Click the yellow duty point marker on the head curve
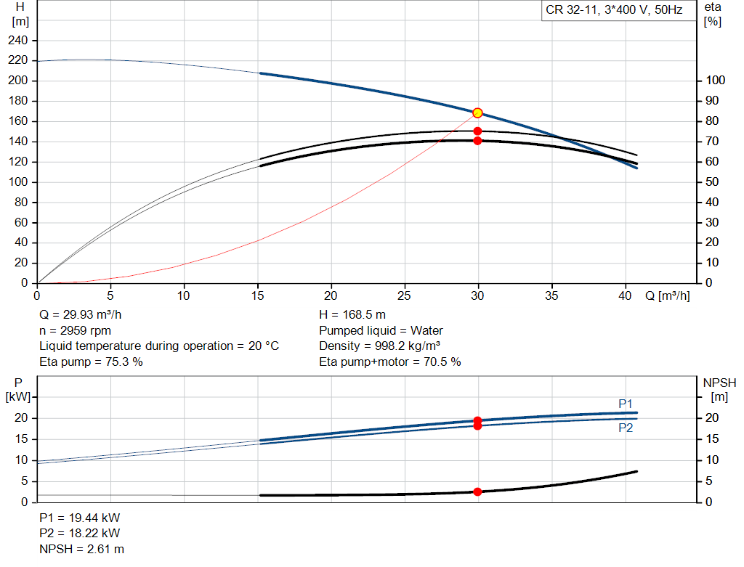pyautogui.click(x=478, y=113)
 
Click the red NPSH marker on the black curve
pyautogui.click(x=478, y=492)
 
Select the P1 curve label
pyautogui.click(x=626, y=404)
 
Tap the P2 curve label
pyautogui.click(x=626, y=428)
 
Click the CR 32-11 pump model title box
pyautogui.click(x=614, y=10)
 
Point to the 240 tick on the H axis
pyautogui.click(x=17, y=41)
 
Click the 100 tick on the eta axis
pyautogui.click(x=716, y=81)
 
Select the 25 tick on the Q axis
pyautogui.click(x=404, y=295)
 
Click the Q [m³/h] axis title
pyautogui.click(x=668, y=295)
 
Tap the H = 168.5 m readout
pyautogui.click(x=352, y=315)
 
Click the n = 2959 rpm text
pyautogui.click(x=75, y=331)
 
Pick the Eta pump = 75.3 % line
pyautogui.click(x=91, y=362)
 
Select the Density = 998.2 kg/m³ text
pyautogui.click(x=379, y=346)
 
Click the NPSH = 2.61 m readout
pyautogui.click(x=81, y=550)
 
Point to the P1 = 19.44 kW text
pyautogui.click(x=80, y=518)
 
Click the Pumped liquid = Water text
pyautogui.click(x=381, y=331)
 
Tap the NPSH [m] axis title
pyautogui.click(x=719, y=390)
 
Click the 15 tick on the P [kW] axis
pyautogui.click(x=21, y=439)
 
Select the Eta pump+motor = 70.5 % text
pyautogui.click(x=390, y=362)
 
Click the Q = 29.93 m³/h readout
pyautogui.click(x=80, y=315)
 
